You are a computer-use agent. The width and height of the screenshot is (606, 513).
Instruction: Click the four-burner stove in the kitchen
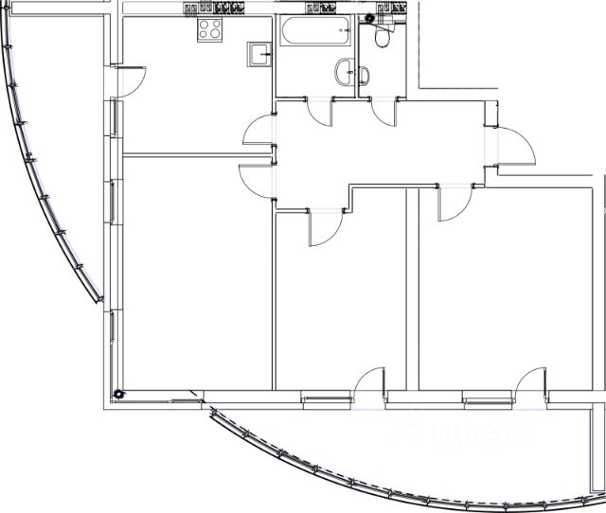(210, 30)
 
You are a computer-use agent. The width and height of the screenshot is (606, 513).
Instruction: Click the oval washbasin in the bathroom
(345, 71)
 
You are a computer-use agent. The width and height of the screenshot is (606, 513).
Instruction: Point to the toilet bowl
(382, 36)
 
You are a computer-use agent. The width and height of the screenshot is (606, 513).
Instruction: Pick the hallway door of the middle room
(325, 225)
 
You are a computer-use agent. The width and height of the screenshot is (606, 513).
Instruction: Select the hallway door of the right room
(454, 202)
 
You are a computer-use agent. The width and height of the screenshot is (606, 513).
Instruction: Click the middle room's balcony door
(369, 383)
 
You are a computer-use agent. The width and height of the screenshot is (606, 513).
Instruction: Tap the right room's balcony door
(530, 383)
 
